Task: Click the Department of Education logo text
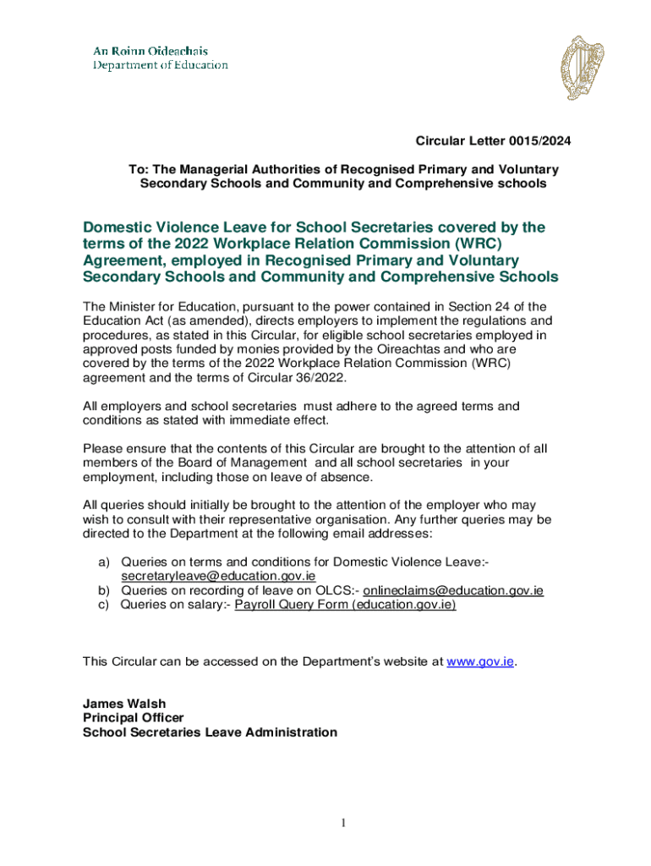160,58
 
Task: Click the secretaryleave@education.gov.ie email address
219,576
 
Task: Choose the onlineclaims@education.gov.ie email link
453,590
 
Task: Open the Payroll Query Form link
345,605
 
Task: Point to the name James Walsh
124,704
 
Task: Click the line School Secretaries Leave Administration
210,732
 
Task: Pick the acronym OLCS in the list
333,590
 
